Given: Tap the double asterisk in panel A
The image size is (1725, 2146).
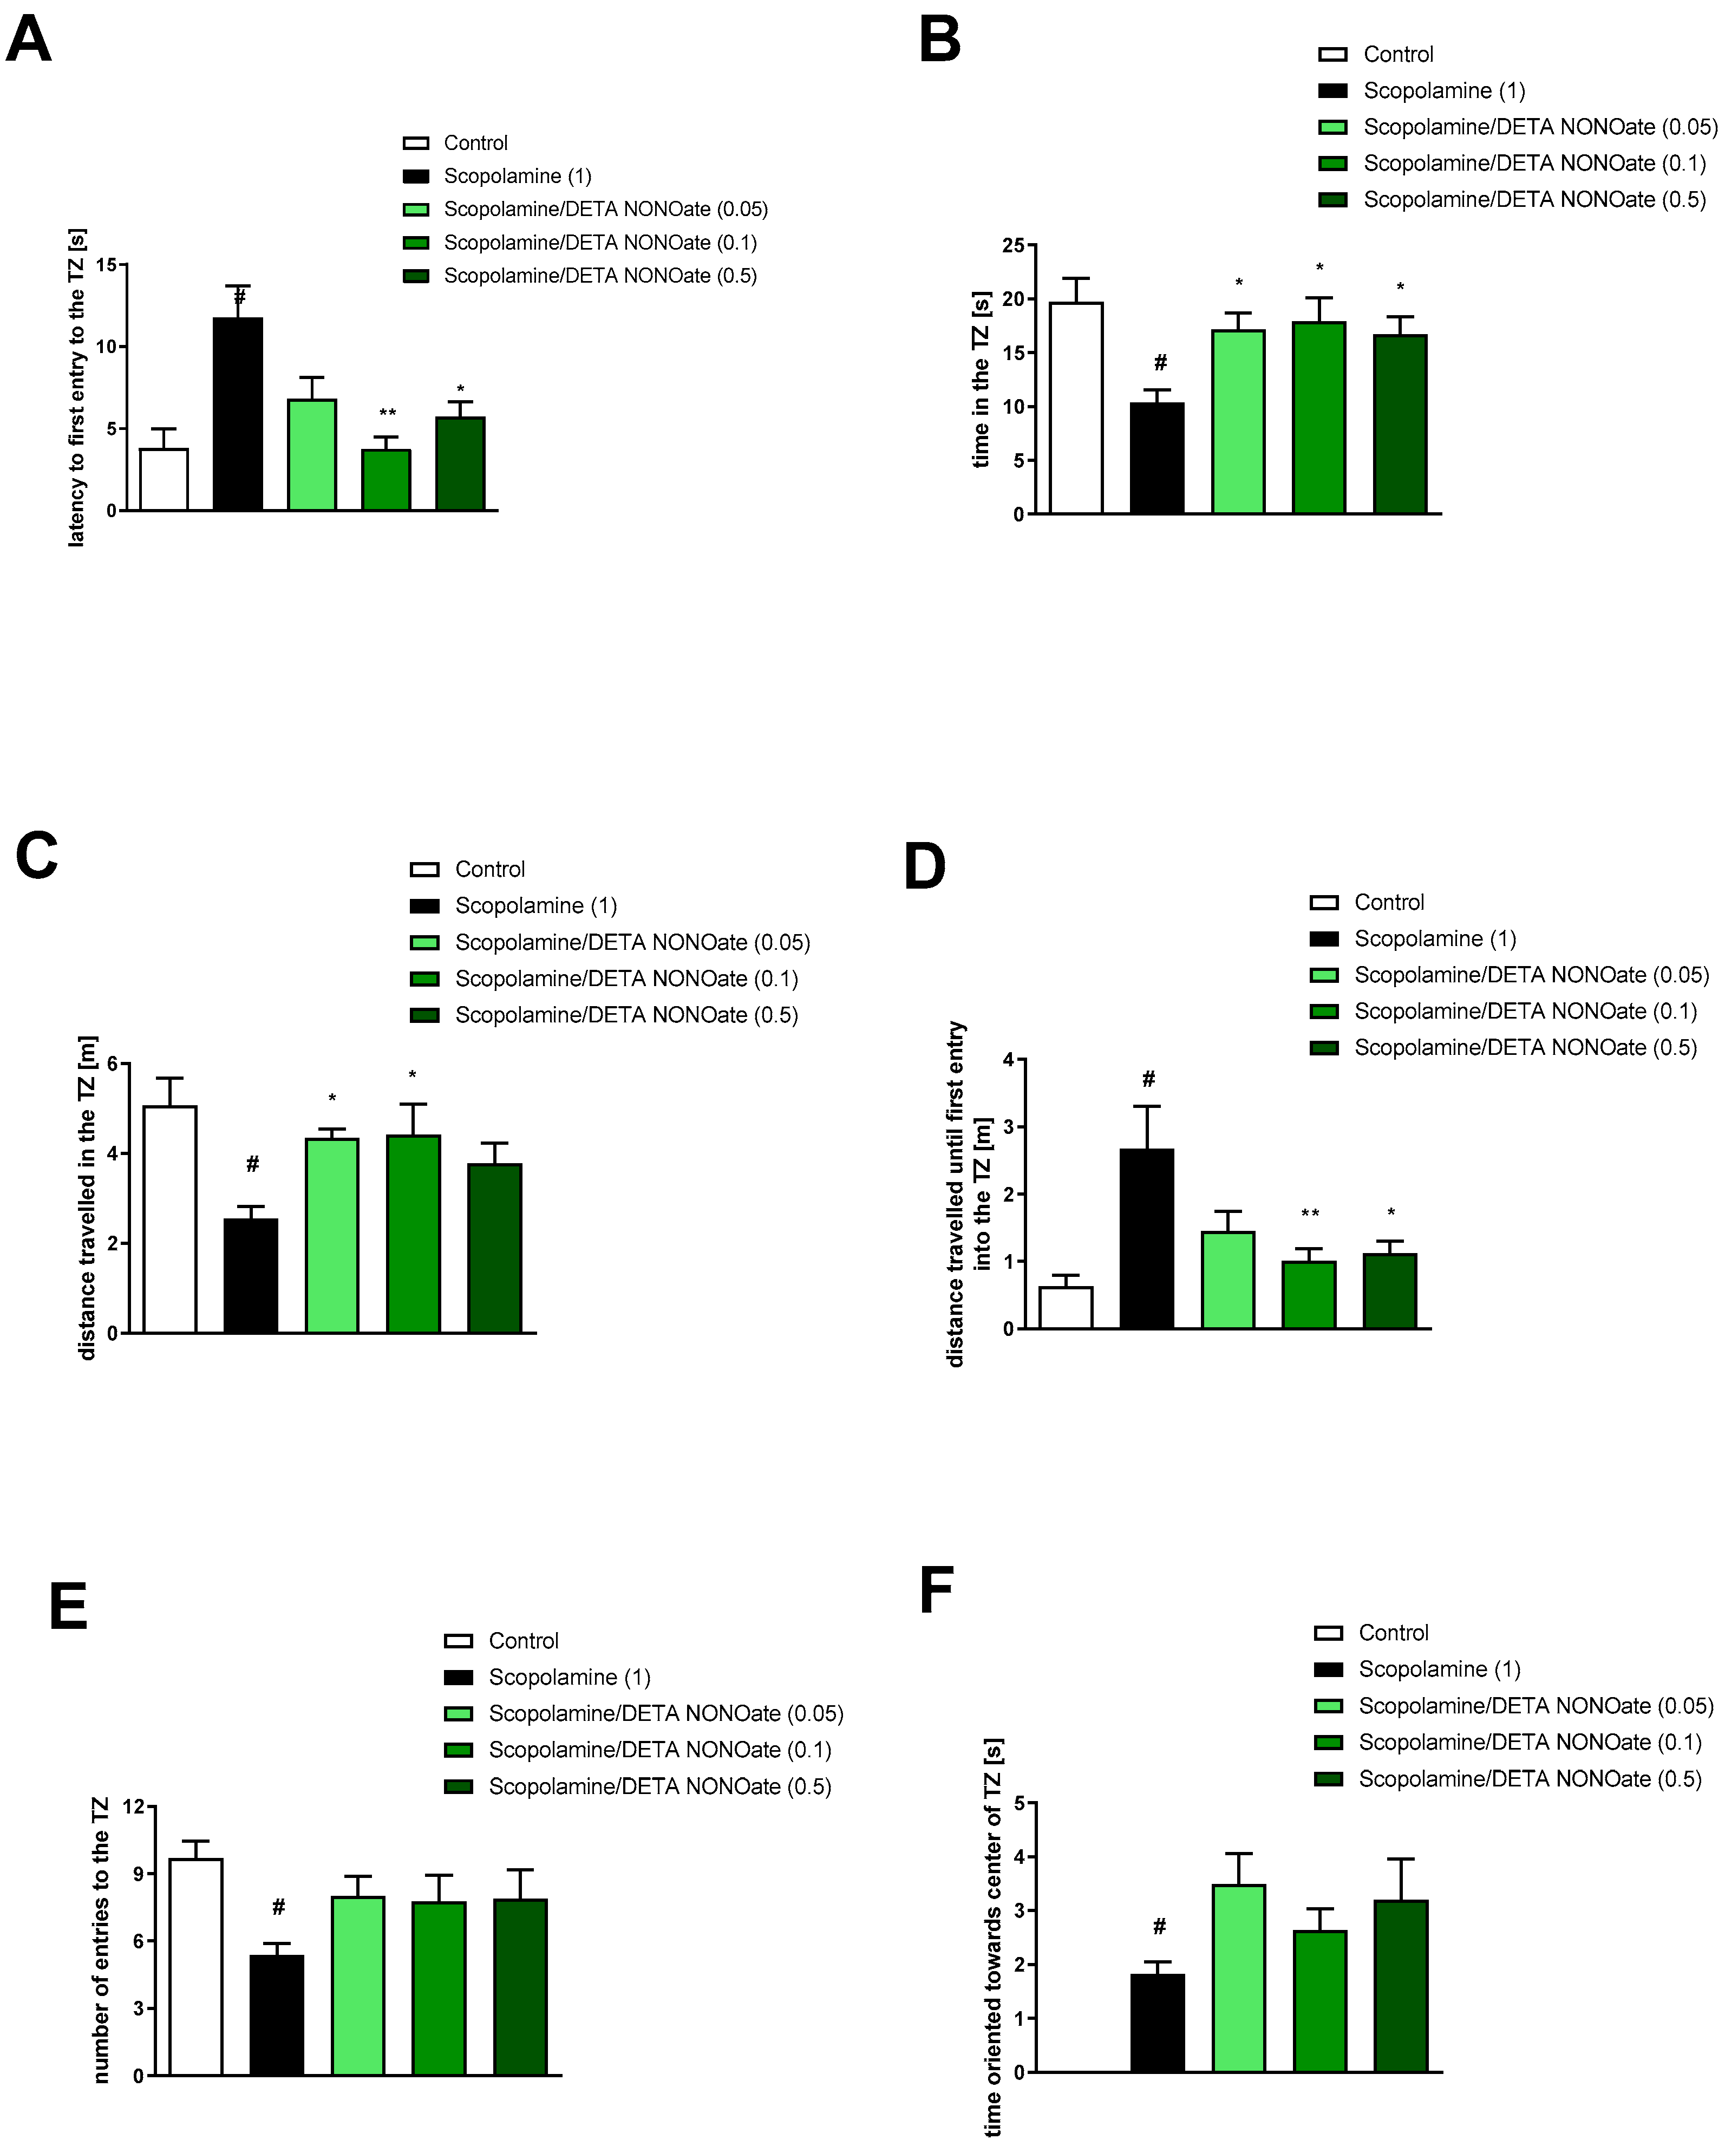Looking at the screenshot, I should pyautogui.click(x=387, y=413).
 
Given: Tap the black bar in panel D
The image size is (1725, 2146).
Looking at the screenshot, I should pyautogui.click(x=1147, y=1238).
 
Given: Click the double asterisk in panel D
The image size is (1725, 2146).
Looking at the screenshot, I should pyautogui.click(x=1310, y=1214).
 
